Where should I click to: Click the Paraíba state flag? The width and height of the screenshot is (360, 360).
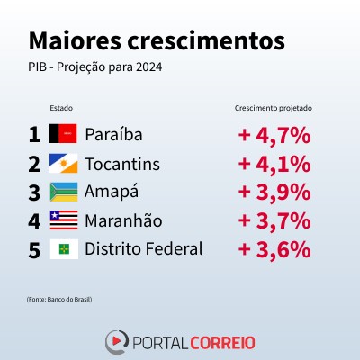click(63, 133)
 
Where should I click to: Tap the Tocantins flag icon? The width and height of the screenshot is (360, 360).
click(64, 163)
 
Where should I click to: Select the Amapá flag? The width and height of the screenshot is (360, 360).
click(64, 192)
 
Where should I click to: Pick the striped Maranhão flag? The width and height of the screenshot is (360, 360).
click(64, 220)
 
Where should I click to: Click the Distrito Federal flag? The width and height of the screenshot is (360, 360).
click(64, 249)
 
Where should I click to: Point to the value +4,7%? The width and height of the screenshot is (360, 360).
click(274, 136)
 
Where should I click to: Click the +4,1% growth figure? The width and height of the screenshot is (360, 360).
click(274, 165)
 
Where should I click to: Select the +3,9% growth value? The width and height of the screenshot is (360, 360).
click(274, 193)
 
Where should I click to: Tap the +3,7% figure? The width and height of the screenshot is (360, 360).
click(274, 221)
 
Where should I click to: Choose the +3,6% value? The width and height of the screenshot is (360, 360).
click(274, 249)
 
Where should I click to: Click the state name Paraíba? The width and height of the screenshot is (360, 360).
click(113, 134)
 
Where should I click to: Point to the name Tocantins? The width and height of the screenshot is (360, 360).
click(122, 164)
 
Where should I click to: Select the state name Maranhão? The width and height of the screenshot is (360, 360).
click(123, 220)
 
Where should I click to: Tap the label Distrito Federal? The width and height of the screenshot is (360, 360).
click(144, 249)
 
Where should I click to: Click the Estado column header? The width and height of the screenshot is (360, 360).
click(61, 108)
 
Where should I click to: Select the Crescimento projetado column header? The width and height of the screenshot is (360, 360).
click(274, 108)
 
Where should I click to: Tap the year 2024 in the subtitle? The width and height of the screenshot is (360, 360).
click(148, 67)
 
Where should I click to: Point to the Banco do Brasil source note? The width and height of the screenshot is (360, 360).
click(59, 300)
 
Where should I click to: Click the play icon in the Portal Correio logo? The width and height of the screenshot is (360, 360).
click(116, 341)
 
